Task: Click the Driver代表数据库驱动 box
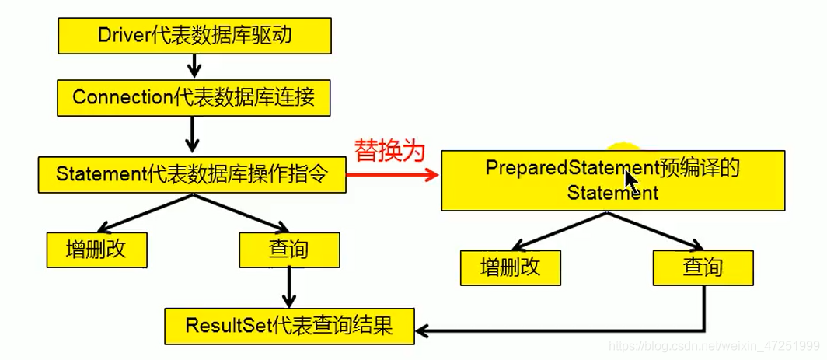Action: coord(195,36)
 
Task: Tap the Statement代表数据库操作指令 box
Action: coord(191,175)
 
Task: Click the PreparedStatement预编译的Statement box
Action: coord(612,180)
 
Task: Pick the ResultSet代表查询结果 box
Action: coord(288,326)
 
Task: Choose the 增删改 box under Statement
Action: coord(96,250)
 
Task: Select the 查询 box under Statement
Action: coord(288,250)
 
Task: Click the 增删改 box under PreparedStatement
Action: coord(510,268)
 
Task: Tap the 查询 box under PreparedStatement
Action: coord(703,268)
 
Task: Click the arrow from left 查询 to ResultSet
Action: coord(288,288)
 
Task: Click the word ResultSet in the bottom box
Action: coord(227,326)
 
